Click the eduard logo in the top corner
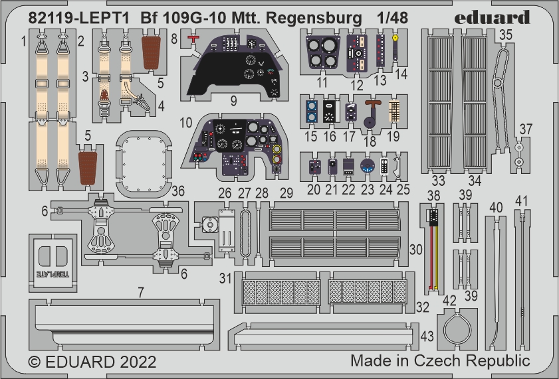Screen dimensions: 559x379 pyautogui.click(x=492, y=17)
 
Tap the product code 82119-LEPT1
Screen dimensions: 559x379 pyautogui.click(x=79, y=19)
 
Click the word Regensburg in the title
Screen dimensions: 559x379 pyautogui.click(x=314, y=19)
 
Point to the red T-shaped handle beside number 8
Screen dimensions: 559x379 pyautogui.click(x=193, y=40)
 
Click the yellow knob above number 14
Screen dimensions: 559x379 pyautogui.click(x=395, y=37)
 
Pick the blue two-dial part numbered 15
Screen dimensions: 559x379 pyautogui.click(x=312, y=112)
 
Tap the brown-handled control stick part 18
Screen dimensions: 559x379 pyautogui.click(x=372, y=114)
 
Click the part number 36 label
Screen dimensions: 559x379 pyautogui.click(x=178, y=190)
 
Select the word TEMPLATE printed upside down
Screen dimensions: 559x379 pyautogui.click(x=53, y=274)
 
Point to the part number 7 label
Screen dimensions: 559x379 pyautogui.click(x=141, y=292)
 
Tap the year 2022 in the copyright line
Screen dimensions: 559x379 pyautogui.click(x=138, y=362)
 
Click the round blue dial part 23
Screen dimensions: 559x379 pyautogui.click(x=367, y=166)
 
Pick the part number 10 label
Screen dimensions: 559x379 pyautogui.click(x=185, y=123)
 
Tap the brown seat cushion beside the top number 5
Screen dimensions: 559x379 pyautogui.click(x=151, y=52)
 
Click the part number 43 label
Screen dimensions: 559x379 pyautogui.click(x=427, y=337)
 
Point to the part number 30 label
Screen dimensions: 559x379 pyautogui.click(x=415, y=250)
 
